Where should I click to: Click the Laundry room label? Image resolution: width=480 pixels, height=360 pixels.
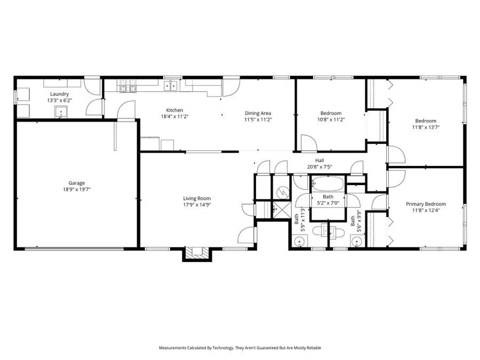point(59,94)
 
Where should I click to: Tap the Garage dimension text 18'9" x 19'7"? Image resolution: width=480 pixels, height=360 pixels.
point(73,189)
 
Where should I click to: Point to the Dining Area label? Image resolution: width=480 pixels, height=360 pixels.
point(258,113)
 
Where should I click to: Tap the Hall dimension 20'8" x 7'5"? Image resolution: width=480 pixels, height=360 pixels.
point(319,166)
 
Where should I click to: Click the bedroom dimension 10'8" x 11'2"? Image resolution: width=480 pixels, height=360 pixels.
point(331,119)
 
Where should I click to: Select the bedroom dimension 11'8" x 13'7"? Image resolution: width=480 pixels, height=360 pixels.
point(426,127)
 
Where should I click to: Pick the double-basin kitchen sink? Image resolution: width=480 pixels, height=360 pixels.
point(172,85)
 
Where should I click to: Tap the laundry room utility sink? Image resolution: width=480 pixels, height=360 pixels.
point(61,112)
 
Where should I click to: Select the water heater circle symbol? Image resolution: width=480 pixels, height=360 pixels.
point(283,191)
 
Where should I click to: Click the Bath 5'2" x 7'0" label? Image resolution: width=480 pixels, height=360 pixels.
point(327,200)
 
